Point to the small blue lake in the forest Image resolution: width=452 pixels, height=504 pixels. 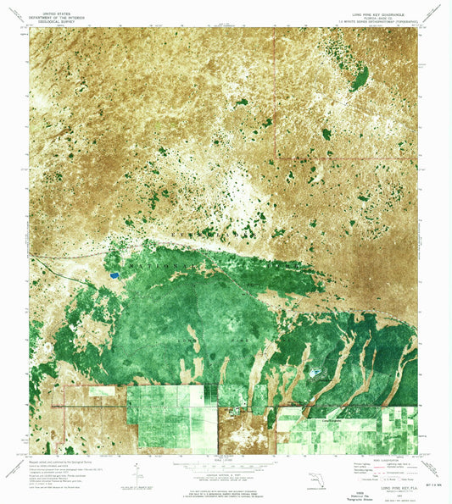tap(113, 275)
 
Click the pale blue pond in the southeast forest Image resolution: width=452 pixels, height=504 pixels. tap(315, 371)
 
